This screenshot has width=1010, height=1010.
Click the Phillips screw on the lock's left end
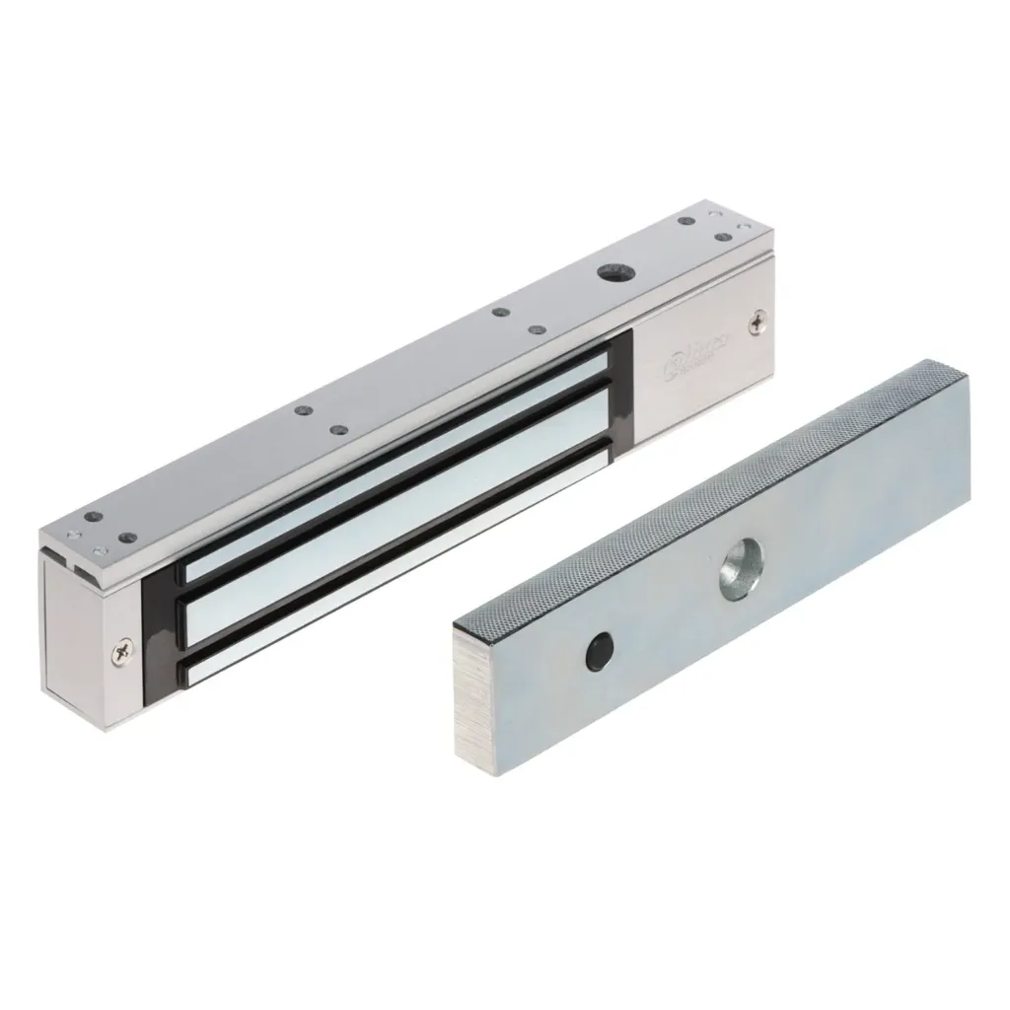pos(121,650)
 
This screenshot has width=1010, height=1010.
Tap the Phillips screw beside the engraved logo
pos(757,321)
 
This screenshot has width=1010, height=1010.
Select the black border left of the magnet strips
pos(158,631)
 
